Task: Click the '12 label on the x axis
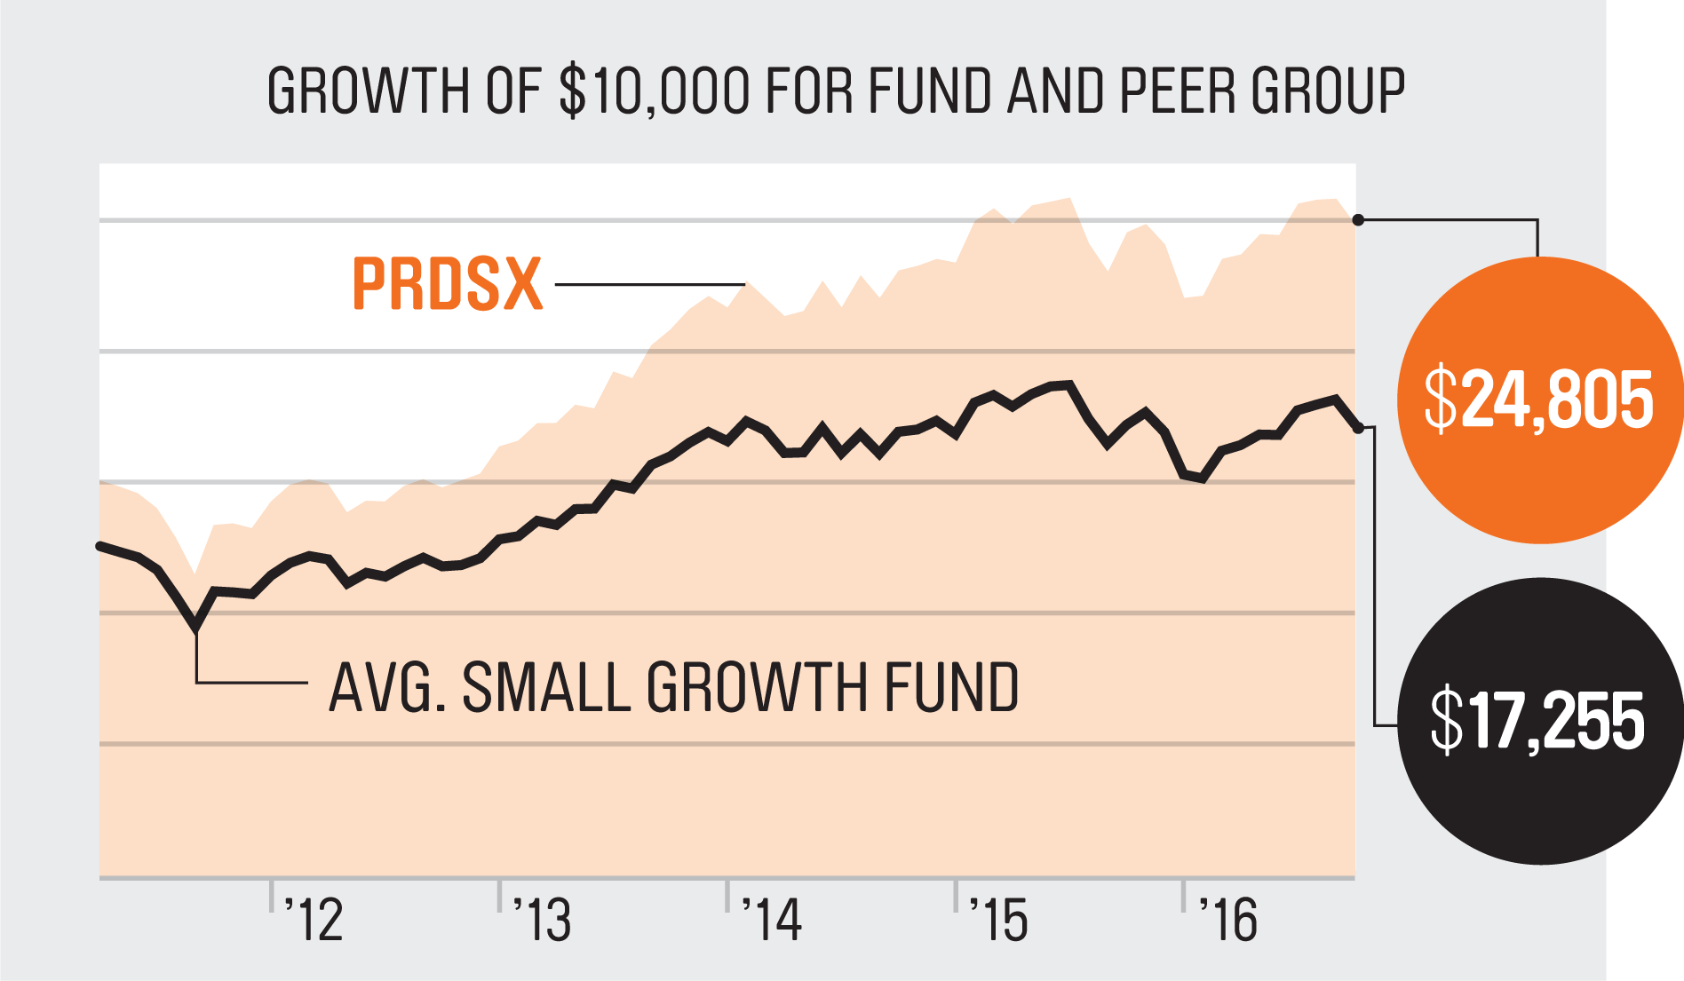314,920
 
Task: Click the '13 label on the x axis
543,920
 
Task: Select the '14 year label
771,920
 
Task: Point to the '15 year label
999,920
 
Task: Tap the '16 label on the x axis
1227,920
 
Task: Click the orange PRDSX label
447,284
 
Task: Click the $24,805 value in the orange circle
1538,400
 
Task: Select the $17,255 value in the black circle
1537,721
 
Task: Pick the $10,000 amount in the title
655,91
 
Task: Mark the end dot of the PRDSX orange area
1358,220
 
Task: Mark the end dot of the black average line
1358,429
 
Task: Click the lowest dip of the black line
196,629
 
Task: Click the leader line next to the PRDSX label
649,285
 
